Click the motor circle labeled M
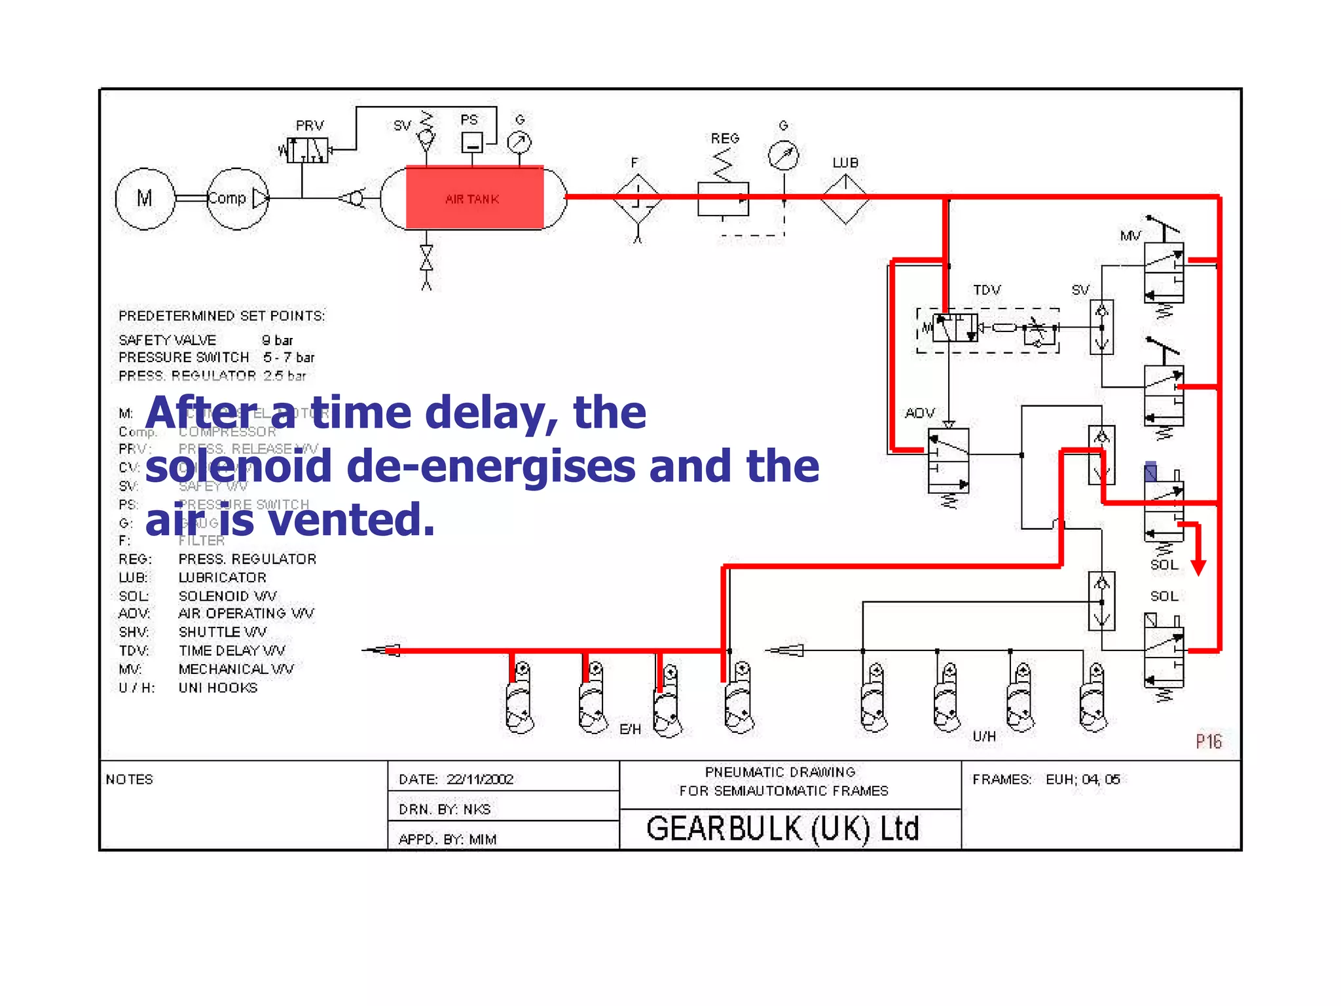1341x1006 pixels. [145, 198]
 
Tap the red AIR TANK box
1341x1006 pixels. [474, 198]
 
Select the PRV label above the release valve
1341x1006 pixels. [310, 125]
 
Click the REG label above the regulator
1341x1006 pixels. [725, 138]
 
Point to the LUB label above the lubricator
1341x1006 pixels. [845, 162]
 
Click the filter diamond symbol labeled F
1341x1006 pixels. [637, 198]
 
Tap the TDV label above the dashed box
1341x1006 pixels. [987, 289]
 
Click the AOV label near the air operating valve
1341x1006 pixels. [919, 413]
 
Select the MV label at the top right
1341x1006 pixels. [1130, 236]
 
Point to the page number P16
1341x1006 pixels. [1209, 741]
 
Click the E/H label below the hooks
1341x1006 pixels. [630, 729]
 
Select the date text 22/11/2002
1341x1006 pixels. [480, 779]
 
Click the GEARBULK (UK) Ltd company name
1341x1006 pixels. [783, 829]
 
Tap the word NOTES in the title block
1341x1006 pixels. [130, 779]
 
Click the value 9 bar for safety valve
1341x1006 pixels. [277, 340]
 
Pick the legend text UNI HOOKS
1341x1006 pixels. [218, 688]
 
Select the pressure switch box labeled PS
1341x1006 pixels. [472, 142]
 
